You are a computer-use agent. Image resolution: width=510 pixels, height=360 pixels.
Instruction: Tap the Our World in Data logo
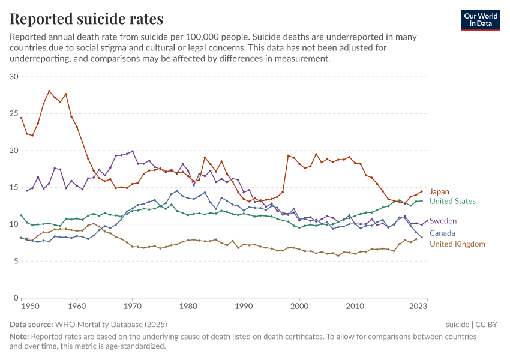(480, 20)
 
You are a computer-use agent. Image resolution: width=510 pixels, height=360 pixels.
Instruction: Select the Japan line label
(439, 192)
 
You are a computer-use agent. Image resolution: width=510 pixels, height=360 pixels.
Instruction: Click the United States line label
(452, 202)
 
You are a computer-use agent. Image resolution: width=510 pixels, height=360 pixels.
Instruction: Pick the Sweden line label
(443, 221)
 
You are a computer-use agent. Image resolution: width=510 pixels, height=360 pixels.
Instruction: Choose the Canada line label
(442, 233)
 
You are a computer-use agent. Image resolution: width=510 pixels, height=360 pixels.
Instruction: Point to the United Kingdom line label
(457, 244)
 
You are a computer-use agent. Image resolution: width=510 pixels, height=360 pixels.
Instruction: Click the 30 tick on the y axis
(14, 77)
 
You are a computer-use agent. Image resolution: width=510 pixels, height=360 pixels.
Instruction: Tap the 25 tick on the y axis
(14, 113)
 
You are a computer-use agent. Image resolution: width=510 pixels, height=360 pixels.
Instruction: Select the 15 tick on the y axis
(14, 187)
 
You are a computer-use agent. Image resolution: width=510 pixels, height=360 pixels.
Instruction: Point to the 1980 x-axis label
(188, 306)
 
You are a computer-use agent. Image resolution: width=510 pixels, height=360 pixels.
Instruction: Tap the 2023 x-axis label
(418, 306)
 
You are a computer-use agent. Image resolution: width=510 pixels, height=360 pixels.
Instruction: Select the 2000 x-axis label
(299, 306)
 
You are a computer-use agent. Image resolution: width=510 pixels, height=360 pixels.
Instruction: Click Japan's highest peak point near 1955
(49, 91)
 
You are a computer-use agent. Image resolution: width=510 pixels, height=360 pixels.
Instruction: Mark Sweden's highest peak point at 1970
(133, 151)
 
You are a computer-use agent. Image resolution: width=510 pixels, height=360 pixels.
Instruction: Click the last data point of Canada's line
(421, 237)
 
